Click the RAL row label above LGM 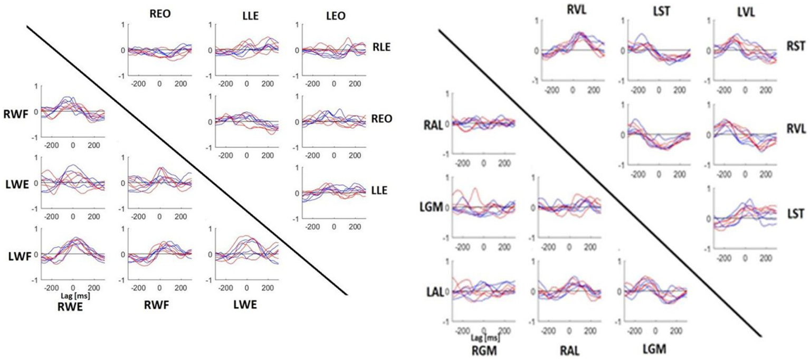click(434, 125)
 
